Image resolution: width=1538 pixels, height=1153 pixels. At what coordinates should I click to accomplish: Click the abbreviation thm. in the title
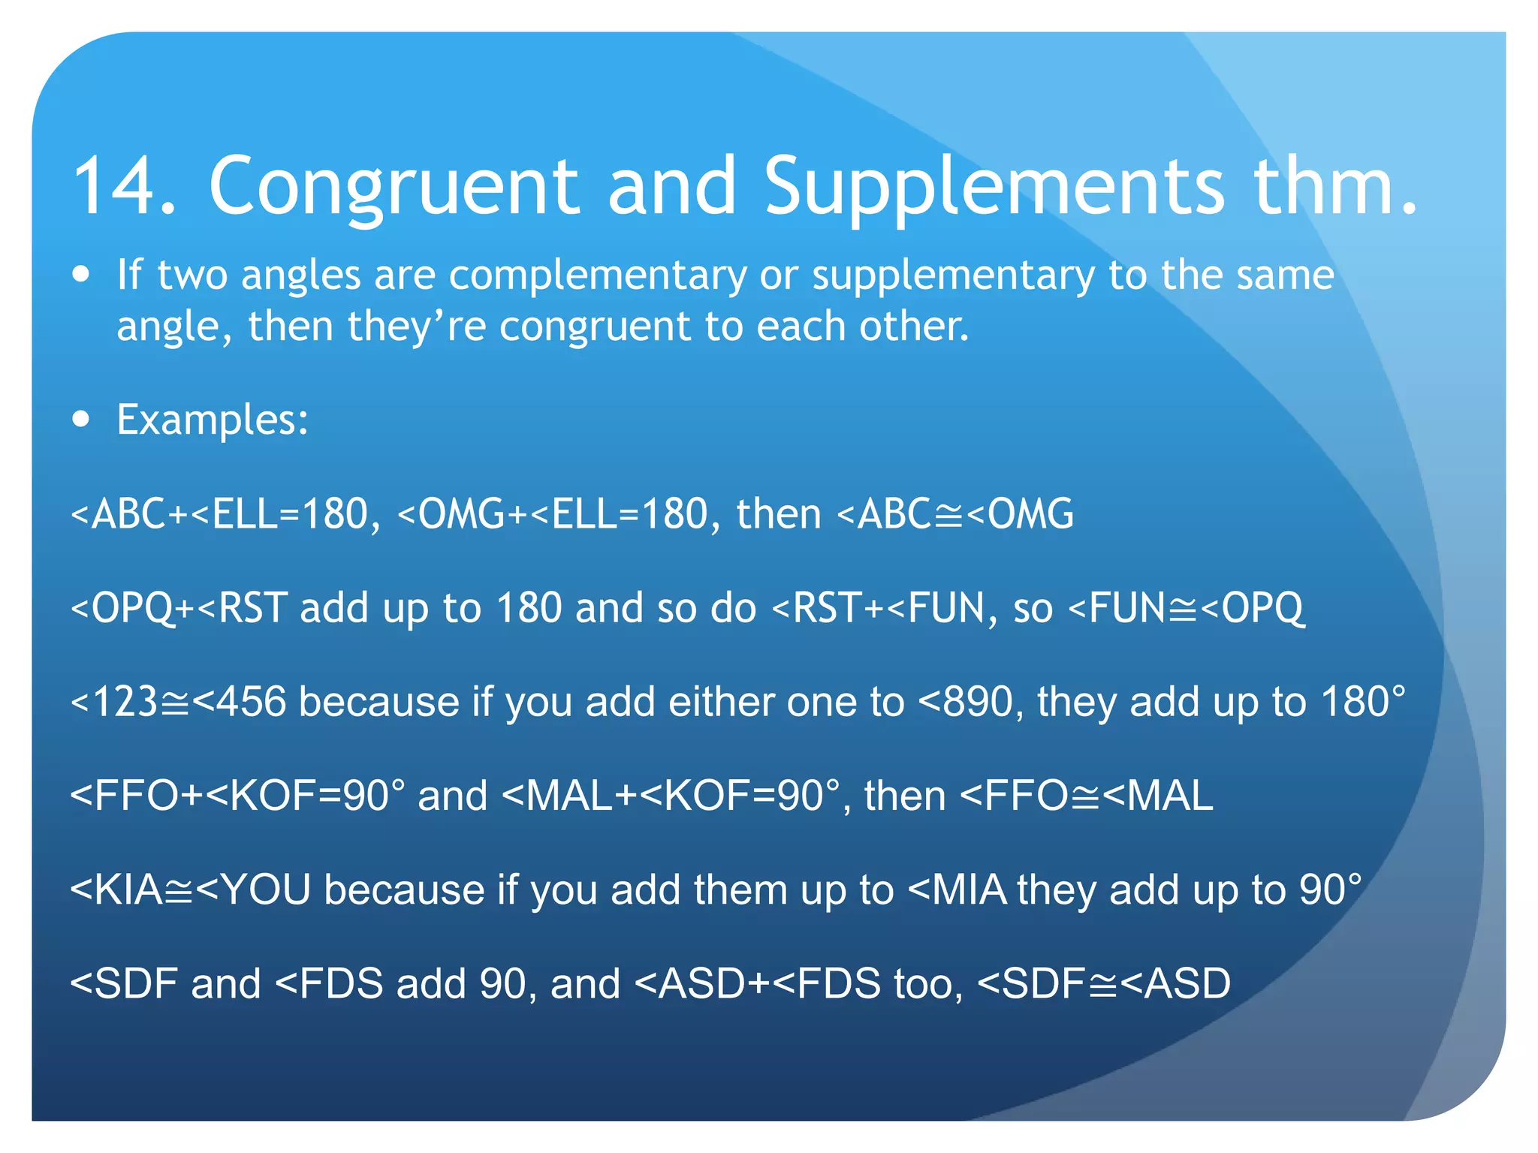pos(1335,186)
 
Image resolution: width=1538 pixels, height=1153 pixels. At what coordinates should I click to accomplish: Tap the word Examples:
pos(213,420)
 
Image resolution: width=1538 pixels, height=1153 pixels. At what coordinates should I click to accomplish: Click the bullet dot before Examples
pos(81,418)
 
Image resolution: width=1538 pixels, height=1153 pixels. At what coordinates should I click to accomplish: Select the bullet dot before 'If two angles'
pos(81,274)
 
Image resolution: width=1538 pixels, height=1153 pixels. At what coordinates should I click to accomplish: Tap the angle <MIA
pos(957,890)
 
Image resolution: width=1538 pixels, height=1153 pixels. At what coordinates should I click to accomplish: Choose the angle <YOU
pos(253,890)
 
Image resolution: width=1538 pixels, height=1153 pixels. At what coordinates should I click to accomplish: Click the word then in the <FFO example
pos(904,796)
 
